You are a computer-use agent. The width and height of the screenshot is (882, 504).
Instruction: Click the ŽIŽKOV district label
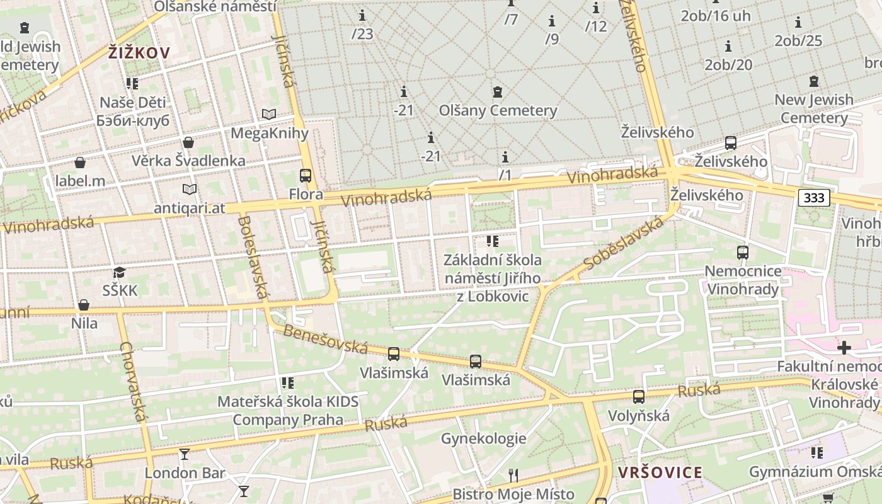coord(139,53)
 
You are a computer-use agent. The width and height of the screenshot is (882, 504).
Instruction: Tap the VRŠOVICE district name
coord(660,472)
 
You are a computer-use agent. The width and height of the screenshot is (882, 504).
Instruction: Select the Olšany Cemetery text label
coord(498,111)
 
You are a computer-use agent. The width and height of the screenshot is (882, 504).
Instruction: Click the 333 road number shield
coord(814,198)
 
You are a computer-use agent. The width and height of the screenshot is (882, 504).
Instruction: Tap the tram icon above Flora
coord(306,176)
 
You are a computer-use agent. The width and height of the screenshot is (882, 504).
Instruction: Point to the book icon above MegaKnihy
coord(269,115)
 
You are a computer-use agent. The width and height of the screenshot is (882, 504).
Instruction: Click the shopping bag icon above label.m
coord(80,163)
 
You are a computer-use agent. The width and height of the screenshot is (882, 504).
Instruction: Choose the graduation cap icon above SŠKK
coord(119,273)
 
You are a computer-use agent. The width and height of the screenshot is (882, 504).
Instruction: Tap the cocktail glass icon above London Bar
coord(185,454)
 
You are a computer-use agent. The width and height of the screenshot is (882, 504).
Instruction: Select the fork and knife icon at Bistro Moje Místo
coord(513,475)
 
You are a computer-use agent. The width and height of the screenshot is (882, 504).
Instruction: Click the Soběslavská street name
coord(623,244)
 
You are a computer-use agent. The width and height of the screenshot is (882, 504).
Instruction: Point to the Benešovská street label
coord(325,339)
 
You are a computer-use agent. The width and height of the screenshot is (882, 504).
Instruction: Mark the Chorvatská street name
coord(134,381)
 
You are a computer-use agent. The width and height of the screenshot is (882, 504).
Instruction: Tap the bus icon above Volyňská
coord(639,397)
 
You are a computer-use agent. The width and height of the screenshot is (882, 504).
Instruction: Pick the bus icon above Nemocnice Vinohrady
coord(743,253)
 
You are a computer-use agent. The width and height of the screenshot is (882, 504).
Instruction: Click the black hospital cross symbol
coord(844,348)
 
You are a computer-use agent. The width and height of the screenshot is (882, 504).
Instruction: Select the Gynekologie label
coord(483,438)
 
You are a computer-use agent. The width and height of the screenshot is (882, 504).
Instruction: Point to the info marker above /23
coord(362,16)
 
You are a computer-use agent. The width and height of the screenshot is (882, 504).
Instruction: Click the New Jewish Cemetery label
coord(813,108)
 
